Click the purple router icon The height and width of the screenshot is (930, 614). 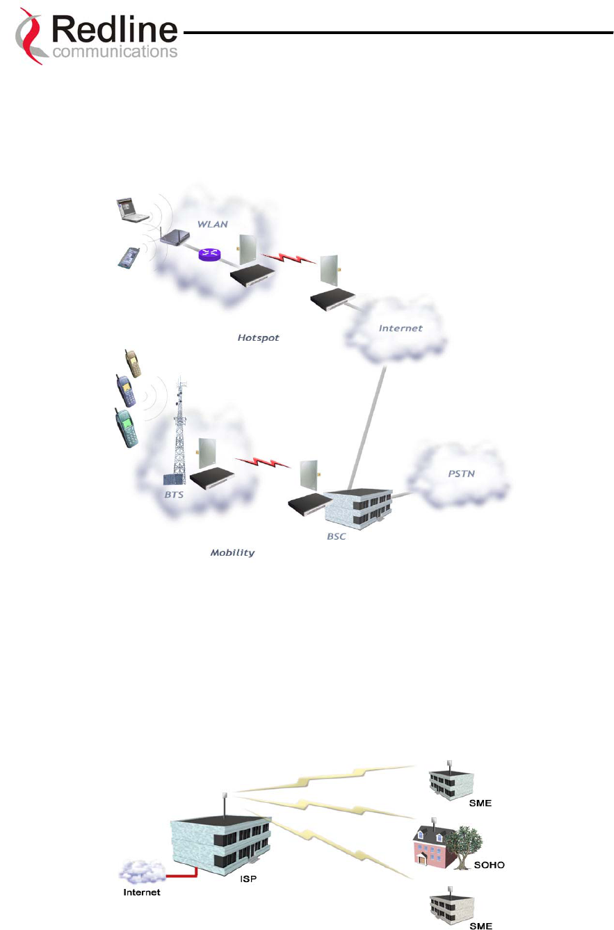208,255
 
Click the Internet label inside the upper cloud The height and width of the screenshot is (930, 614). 401,328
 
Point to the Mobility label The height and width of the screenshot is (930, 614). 232,552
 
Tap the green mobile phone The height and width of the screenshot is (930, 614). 126,426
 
